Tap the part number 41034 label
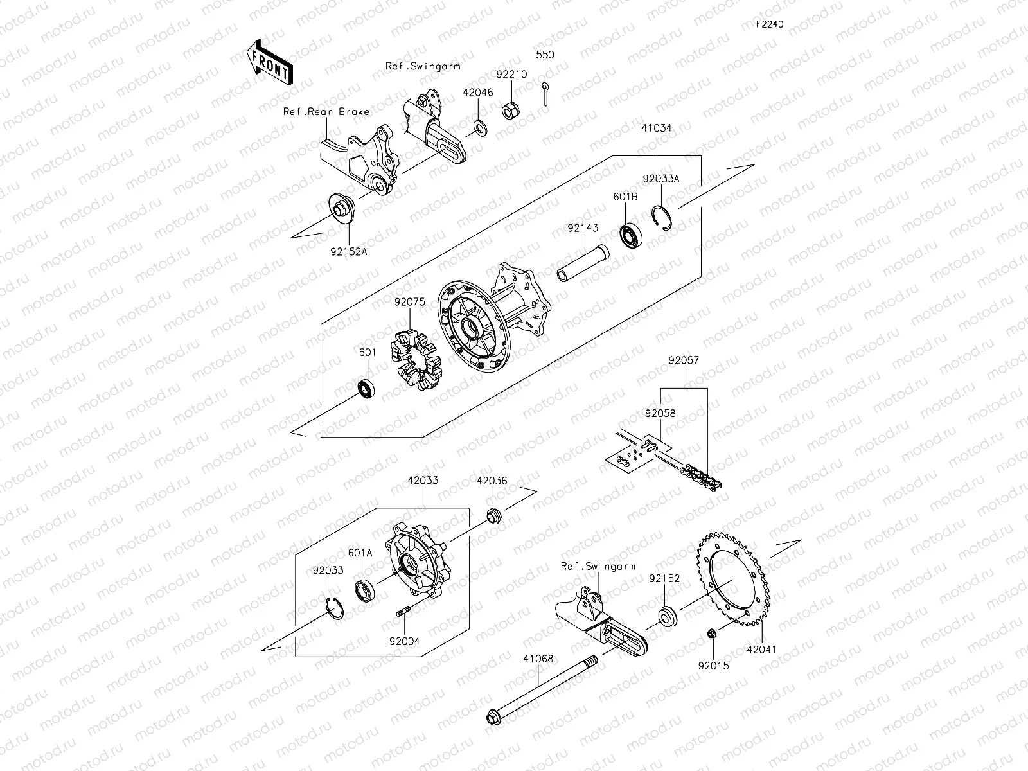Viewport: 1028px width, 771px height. click(x=656, y=128)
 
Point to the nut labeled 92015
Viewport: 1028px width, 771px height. click(x=712, y=635)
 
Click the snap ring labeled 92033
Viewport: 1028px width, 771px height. click(x=333, y=608)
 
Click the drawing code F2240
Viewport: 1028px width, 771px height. click(x=769, y=24)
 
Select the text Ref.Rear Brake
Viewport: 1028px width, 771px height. click(x=326, y=112)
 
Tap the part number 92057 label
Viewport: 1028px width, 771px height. click(x=683, y=361)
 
